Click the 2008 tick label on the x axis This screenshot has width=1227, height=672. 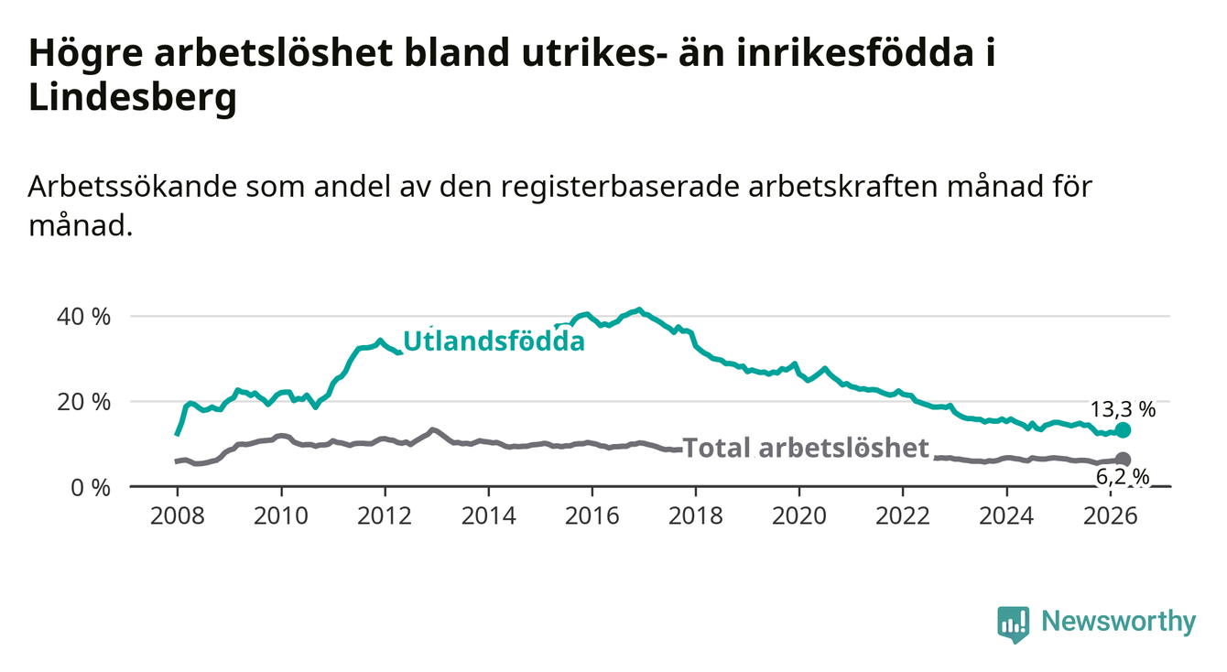tap(177, 516)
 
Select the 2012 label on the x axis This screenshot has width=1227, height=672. tap(385, 516)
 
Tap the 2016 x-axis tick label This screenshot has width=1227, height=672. tap(592, 516)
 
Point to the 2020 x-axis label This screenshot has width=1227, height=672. tap(799, 516)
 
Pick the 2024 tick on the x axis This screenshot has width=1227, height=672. tap(1006, 516)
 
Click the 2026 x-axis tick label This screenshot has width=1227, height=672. tap(1111, 516)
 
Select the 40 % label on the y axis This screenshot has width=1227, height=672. tap(84, 317)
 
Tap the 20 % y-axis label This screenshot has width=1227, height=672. tap(84, 403)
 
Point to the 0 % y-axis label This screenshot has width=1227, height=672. tap(91, 488)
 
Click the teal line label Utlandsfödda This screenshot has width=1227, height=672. tap(494, 341)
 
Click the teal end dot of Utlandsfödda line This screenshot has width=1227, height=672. tap(1123, 430)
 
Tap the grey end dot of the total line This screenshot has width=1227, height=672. tap(1123, 460)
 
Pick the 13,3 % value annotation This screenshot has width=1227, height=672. tap(1123, 409)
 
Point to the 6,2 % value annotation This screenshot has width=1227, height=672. tap(1123, 478)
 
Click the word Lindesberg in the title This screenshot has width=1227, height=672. tap(133, 97)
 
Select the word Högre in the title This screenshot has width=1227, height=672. tap(86, 53)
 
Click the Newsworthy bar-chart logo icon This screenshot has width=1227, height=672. tap(1014, 625)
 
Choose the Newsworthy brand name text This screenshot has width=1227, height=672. tap(1119, 622)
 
